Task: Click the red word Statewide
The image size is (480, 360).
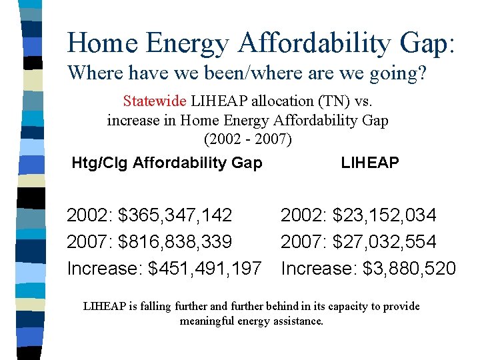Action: tap(155, 101)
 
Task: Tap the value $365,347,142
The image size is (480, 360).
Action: tap(175, 215)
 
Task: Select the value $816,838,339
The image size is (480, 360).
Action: tap(175, 241)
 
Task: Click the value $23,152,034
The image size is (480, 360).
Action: tap(385, 215)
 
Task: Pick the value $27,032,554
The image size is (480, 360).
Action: tap(385, 241)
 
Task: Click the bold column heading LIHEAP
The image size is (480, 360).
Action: tap(370, 163)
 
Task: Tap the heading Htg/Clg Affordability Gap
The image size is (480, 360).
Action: tap(167, 163)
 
